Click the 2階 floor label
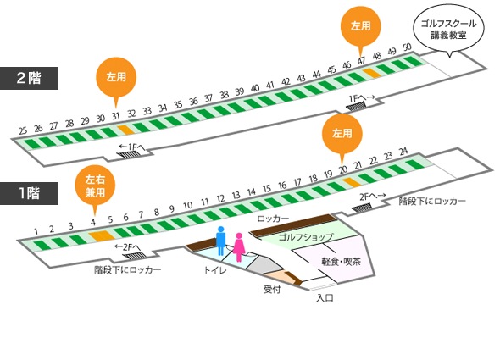[29, 78]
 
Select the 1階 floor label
[29, 193]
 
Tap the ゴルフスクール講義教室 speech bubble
[448, 30]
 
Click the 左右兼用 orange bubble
[95, 186]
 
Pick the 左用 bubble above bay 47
[361, 26]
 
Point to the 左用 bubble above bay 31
[116, 77]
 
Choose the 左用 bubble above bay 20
[342, 133]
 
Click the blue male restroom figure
[220, 241]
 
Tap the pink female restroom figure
[239, 247]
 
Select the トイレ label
[215, 270]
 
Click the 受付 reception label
[272, 289]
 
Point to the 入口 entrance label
[325, 298]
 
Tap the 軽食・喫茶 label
[341, 262]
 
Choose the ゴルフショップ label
[306, 237]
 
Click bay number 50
[407, 47]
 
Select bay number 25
[23, 130]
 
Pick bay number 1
[36, 231]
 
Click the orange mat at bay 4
[102, 236]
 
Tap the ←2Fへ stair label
[128, 247]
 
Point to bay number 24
[403, 151]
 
